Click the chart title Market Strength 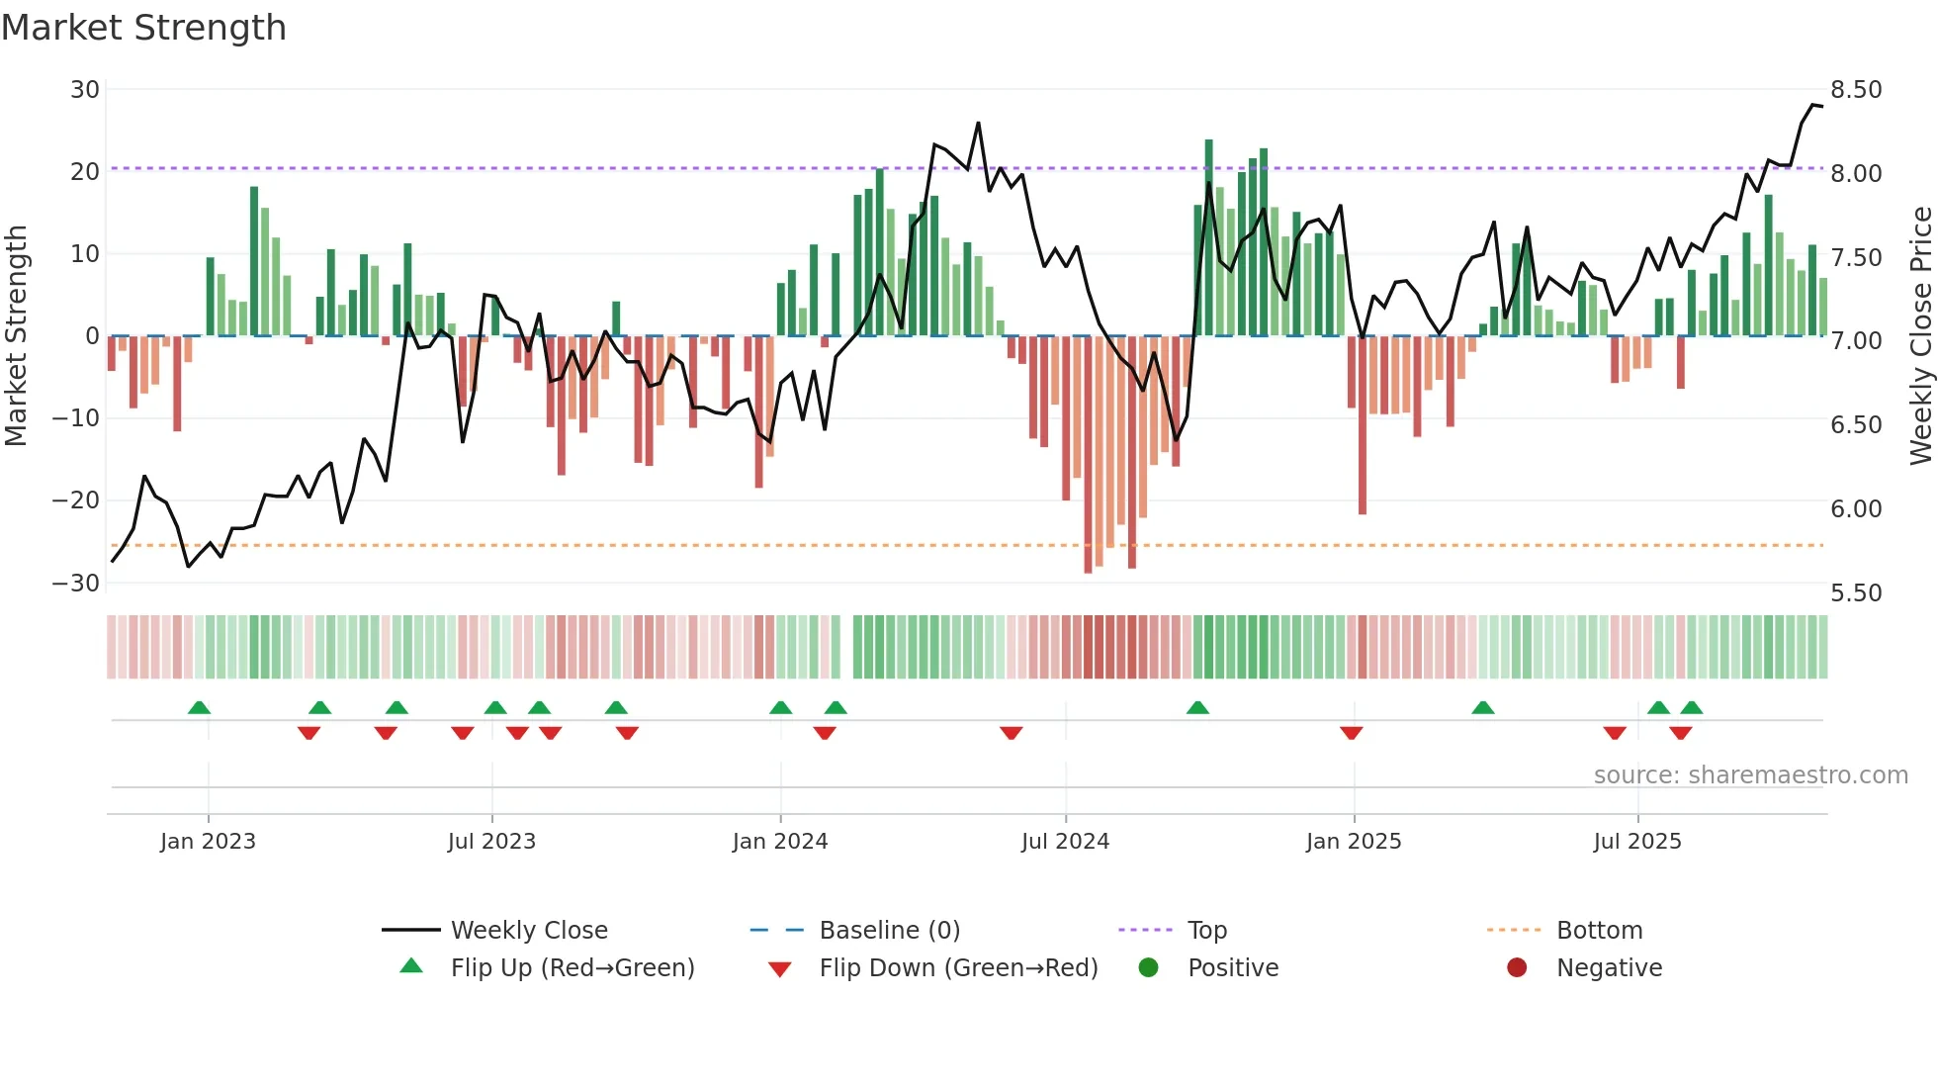143,28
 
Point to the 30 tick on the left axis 85,90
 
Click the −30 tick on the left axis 76,583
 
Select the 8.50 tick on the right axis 1856,90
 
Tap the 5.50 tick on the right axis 1856,592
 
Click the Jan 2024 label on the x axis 780,842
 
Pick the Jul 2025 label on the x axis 1637,842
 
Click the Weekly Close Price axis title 1920,336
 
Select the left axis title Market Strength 17,336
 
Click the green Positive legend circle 1148,967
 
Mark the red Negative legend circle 1517,967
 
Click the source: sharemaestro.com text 1750,775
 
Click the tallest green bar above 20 1208,237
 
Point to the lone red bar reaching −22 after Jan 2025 1363,425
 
